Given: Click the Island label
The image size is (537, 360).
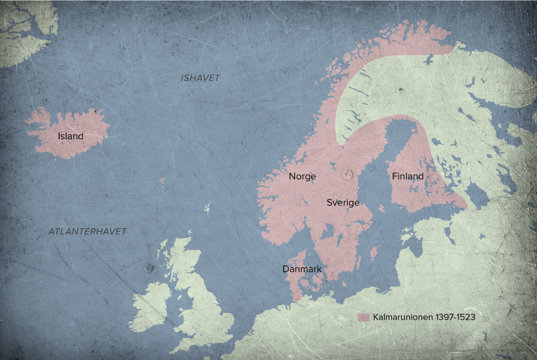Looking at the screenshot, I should coord(70,136).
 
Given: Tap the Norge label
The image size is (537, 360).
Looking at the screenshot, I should coord(302,177).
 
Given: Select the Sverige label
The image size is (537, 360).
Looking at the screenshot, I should coord(343,202).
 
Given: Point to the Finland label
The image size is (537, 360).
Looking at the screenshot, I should coord(407,177).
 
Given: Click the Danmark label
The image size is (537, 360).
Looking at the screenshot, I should coord(302,269).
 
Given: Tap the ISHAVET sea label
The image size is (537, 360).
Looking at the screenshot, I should coord(200,78).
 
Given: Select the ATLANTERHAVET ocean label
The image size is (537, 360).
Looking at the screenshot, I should coord(87,231).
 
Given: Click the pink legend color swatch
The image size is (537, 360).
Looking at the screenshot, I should coord(364,316).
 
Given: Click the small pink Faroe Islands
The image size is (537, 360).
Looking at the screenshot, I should coord(161,181).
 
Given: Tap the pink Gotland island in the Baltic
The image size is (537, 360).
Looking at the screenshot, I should coord(374,253).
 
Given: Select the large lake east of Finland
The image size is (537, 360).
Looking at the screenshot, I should coord(477,195).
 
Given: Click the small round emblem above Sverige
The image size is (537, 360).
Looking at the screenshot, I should coord(348,175).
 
